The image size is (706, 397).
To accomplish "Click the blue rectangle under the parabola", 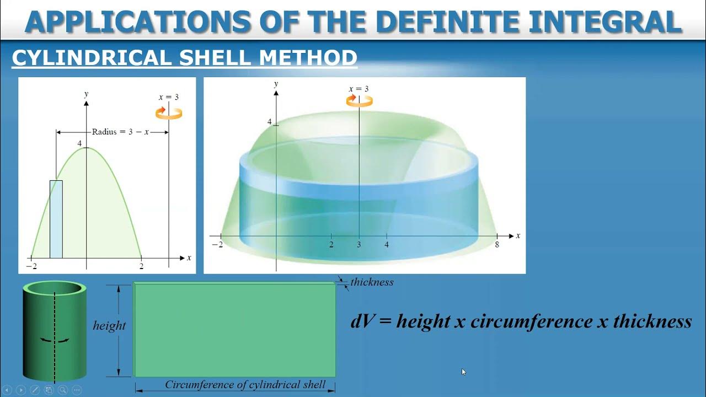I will (x=56, y=219).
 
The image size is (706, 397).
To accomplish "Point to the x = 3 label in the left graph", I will (x=169, y=97).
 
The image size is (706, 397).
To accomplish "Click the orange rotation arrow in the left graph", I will (x=168, y=113).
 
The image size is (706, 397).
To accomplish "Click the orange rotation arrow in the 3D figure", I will (x=359, y=100).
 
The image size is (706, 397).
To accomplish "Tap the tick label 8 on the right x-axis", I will (x=497, y=245).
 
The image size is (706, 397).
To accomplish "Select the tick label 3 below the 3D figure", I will (x=359, y=245).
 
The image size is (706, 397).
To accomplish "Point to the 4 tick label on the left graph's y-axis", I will (x=79, y=144).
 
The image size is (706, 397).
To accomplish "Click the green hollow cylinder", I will (x=54, y=331).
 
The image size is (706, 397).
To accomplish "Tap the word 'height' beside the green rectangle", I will (x=109, y=326).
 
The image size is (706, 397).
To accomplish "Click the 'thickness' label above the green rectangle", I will (x=372, y=282).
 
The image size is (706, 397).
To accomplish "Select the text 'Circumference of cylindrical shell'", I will (x=245, y=385).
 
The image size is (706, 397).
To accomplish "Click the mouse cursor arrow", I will (x=464, y=372).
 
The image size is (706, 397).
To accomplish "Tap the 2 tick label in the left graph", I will (x=141, y=266).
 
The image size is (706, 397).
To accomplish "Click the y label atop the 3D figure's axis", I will (x=276, y=84).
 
